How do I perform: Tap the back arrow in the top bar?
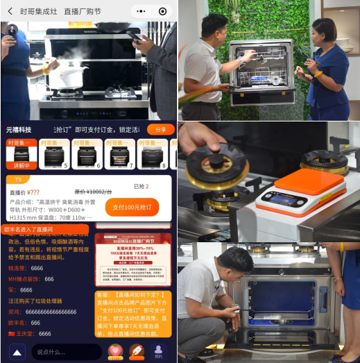(10, 11)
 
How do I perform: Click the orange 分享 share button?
(160, 130)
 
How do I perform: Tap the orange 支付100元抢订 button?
(132, 207)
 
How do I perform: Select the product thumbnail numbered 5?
(55, 155)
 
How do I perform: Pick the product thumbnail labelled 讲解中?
(21, 155)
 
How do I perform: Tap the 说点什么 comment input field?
(66, 352)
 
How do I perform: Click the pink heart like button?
(114, 351)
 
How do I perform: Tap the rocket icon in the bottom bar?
(136, 351)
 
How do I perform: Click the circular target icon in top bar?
(162, 11)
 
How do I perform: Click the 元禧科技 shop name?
(19, 130)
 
